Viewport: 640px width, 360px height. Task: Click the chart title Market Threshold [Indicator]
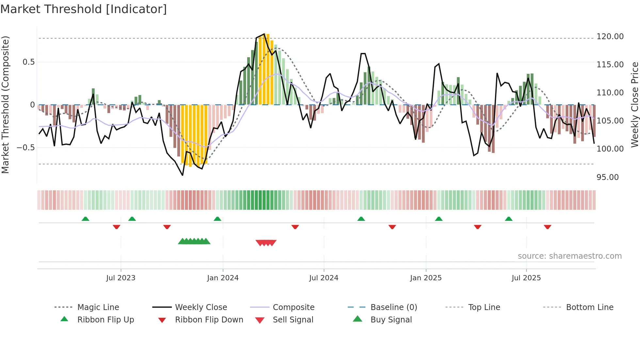[84, 9]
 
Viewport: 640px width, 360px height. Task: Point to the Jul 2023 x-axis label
[120, 278]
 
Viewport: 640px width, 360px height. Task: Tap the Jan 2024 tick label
[223, 278]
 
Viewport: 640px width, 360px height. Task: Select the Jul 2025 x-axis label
[526, 278]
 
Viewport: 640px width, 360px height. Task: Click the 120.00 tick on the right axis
[610, 37]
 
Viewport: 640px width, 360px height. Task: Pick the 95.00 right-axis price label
[607, 177]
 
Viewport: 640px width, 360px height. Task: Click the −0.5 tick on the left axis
[26, 148]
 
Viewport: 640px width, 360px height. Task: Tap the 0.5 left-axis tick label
[28, 62]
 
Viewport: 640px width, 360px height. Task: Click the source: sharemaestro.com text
[569, 256]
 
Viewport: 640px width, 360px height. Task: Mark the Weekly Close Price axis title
[634, 105]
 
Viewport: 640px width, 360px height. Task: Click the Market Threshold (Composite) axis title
[5, 105]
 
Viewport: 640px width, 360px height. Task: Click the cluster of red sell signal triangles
[266, 243]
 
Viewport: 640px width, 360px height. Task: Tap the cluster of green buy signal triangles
[194, 241]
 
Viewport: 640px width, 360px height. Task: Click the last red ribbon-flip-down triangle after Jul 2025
[548, 227]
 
